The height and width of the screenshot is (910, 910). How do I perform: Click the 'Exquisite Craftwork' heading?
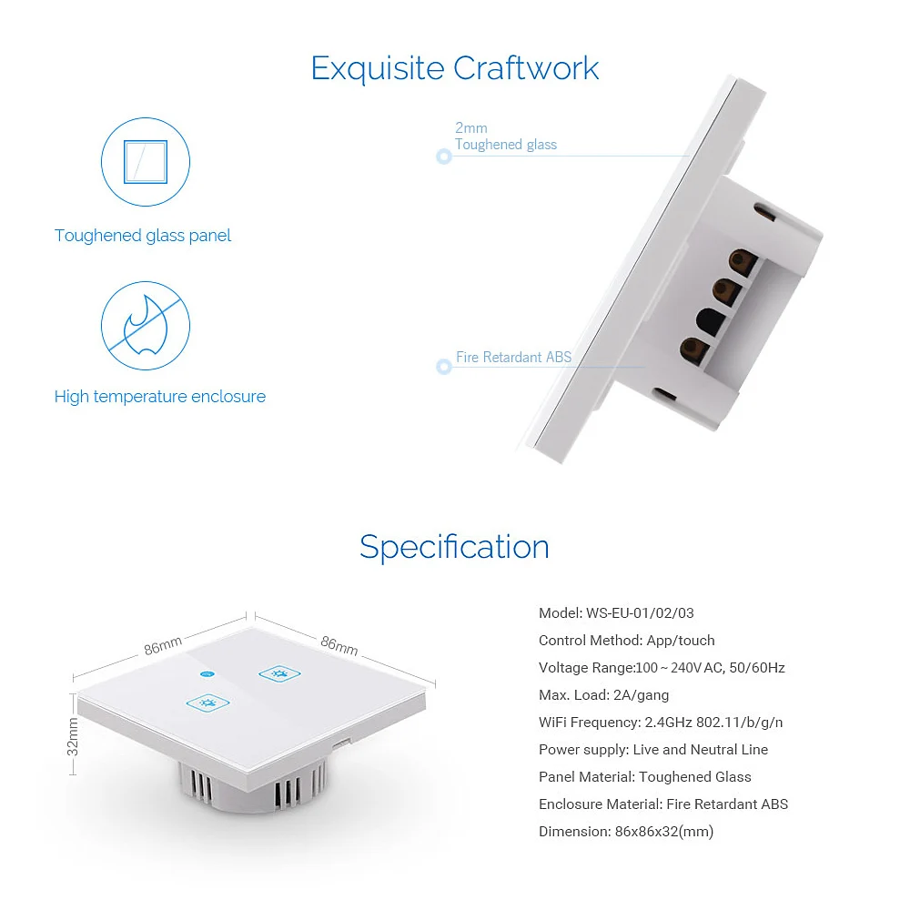click(x=454, y=68)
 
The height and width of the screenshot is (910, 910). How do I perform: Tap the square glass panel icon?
click(x=146, y=162)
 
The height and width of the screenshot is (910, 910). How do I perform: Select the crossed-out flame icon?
click(x=146, y=326)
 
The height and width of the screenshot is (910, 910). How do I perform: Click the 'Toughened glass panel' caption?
click(x=143, y=236)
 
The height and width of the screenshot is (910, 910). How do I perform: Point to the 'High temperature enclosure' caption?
click(x=160, y=397)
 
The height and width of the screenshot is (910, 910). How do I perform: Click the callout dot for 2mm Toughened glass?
click(x=444, y=157)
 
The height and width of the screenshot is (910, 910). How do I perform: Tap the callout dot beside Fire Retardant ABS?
click(x=444, y=366)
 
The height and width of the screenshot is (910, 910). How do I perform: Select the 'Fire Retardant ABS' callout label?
click(x=513, y=357)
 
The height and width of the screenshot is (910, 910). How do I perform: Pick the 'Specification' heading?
click(x=454, y=547)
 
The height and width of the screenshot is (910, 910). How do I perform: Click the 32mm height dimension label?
click(x=73, y=736)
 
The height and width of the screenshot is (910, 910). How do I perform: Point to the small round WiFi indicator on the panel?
click(x=207, y=673)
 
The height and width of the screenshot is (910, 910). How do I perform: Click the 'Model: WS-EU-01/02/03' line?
click(x=616, y=612)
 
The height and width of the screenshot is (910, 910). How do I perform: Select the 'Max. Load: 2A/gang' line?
click(x=603, y=694)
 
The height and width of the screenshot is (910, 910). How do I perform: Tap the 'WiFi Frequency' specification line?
click(x=661, y=722)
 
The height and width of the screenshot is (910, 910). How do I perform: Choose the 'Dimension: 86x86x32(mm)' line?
click(x=626, y=831)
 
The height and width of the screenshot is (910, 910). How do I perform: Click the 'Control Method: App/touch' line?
click(x=627, y=640)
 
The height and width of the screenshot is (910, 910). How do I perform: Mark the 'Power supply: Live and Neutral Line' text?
click(x=653, y=749)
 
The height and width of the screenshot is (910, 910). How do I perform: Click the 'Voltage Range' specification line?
click(x=662, y=667)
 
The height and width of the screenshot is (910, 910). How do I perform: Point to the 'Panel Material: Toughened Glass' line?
click(x=645, y=776)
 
